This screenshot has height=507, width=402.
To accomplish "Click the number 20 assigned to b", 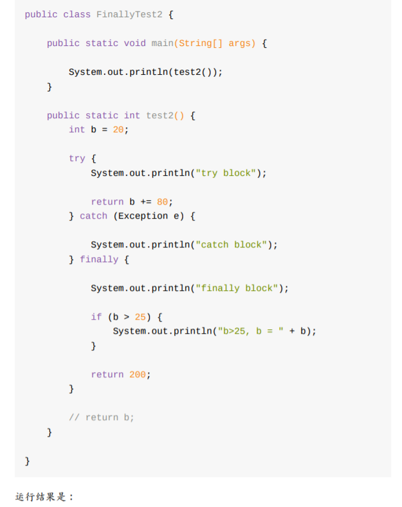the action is tap(118, 129).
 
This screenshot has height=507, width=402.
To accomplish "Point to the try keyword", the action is tap(77, 158).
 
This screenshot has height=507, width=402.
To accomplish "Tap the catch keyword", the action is tap(93, 216).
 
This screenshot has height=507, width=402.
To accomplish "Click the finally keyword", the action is tap(99, 260).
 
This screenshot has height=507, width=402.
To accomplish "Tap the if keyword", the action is tap(96, 317).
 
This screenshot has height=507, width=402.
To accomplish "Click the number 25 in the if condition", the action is tap(140, 317).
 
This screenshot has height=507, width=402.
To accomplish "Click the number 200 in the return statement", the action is tap(137, 375).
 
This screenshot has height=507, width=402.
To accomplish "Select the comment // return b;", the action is tap(101, 417).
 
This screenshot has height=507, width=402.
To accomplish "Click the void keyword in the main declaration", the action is tap(135, 43).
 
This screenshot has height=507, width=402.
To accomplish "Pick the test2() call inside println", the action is tap(195, 72).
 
